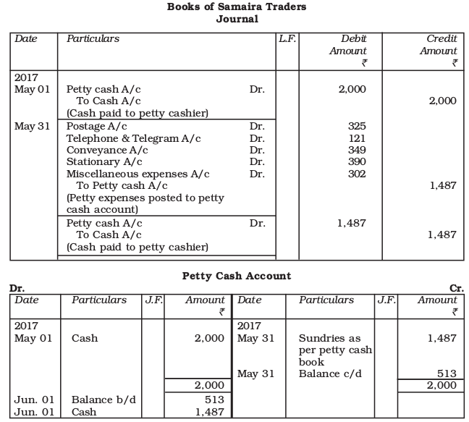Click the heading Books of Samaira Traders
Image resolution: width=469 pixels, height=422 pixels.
point(237,7)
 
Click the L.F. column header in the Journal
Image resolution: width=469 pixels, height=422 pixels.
point(287,38)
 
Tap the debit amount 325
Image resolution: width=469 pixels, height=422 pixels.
point(357,126)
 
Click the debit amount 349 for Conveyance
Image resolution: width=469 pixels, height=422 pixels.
point(357,150)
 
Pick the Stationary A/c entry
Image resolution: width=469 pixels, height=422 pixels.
point(104,161)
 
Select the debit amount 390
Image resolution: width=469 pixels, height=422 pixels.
point(357,161)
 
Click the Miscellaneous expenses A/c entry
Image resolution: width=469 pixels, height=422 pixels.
point(138,174)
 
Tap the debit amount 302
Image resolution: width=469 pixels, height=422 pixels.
point(357,174)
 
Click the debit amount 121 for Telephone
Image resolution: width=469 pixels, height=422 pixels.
point(357,138)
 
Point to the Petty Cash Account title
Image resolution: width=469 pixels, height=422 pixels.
point(237,276)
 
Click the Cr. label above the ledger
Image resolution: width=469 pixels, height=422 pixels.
point(457,288)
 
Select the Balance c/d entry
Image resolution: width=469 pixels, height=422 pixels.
point(329,374)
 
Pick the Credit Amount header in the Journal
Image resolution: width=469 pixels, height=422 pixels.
point(439,45)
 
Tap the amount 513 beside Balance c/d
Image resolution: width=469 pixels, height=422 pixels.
point(447,374)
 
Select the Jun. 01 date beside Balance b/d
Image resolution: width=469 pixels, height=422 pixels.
point(29,400)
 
